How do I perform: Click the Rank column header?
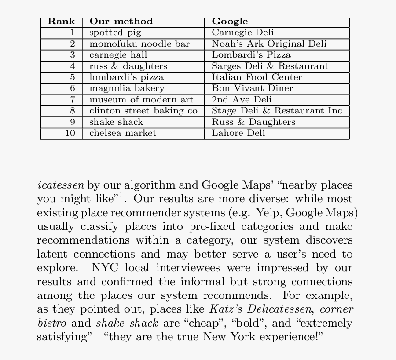61,21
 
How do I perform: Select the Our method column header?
121,21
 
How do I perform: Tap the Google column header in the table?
230,21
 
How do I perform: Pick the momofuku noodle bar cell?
139,44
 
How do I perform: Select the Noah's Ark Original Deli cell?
269,44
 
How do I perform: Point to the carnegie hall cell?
118,55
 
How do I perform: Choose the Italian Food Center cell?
257,77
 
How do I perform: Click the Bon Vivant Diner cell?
252,88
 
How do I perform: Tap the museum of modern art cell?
141,100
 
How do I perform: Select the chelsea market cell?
123,133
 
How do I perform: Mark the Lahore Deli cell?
238,133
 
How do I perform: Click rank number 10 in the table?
70,133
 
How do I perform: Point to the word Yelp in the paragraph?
268,213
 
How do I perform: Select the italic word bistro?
51,324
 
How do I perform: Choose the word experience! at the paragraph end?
292,337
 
